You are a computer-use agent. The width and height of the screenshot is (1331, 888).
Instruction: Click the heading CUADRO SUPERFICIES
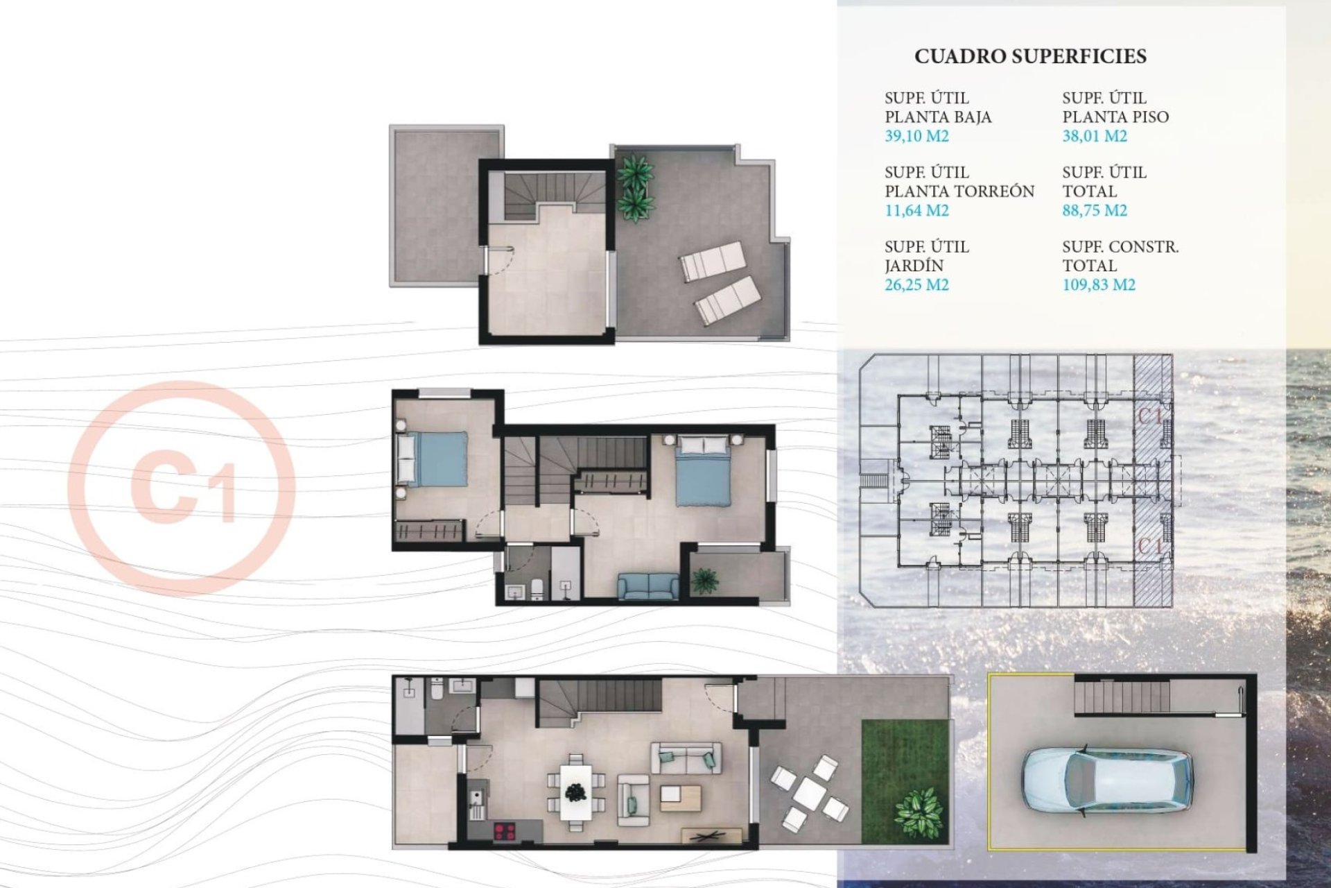pyautogui.click(x=1030, y=56)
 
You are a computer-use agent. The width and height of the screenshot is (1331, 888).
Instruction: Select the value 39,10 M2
pyautogui.click(x=916, y=136)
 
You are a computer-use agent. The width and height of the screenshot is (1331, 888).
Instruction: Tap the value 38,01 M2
pyautogui.click(x=1095, y=136)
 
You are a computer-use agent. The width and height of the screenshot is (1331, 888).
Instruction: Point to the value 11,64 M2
pyautogui.click(x=916, y=210)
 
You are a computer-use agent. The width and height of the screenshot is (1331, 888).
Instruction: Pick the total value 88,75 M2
pyautogui.click(x=1095, y=210)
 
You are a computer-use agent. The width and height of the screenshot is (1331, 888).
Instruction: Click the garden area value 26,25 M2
pyautogui.click(x=916, y=284)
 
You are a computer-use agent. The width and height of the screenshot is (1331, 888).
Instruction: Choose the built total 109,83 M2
pyautogui.click(x=1099, y=284)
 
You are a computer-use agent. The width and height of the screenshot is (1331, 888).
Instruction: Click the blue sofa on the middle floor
pyautogui.click(x=648, y=586)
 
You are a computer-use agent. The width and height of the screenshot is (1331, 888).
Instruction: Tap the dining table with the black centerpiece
pyautogui.click(x=575, y=792)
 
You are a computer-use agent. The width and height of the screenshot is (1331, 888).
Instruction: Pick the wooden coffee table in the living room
pyautogui.click(x=679, y=798)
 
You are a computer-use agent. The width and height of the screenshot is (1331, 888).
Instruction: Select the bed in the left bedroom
pyautogui.click(x=431, y=459)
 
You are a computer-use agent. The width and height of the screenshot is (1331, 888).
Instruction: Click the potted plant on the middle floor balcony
pyautogui.click(x=705, y=580)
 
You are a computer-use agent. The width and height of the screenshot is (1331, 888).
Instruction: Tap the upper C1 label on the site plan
pyautogui.click(x=1150, y=416)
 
